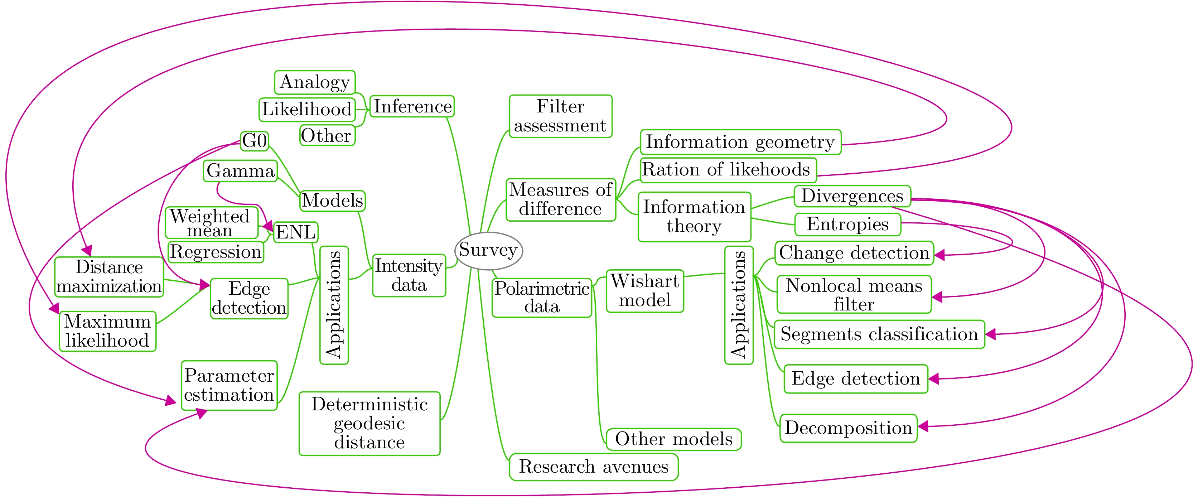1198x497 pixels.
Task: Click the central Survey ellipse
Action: pyautogui.click(x=488, y=251)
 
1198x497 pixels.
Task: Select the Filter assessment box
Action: pyautogui.click(x=560, y=116)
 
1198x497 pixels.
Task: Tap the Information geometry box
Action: pyautogui.click(x=740, y=142)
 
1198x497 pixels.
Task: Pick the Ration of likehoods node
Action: pyautogui.click(x=728, y=170)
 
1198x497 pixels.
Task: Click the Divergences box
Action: pyautogui.click(x=852, y=196)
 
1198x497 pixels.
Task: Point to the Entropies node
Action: pyautogui.click(x=847, y=225)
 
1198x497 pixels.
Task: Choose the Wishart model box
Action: pyautogui.click(x=645, y=291)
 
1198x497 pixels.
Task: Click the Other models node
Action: pyautogui.click(x=673, y=439)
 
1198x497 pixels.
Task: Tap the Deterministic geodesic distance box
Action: pyautogui.click(x=369, y=424)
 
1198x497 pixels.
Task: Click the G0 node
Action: pyautogui.click(x=255, y=141)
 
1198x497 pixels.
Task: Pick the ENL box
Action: pyautogui.click(x=296, y=232)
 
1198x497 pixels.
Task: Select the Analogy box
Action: pyautogui.click(x=315, y=82)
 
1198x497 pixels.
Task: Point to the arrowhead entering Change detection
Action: pyautogui.click(x=939, y=255)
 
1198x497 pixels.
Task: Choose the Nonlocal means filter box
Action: pyautogui.click(x=854, y=294)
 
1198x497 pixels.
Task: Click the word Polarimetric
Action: pyautogui.click(x=542, y=289)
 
